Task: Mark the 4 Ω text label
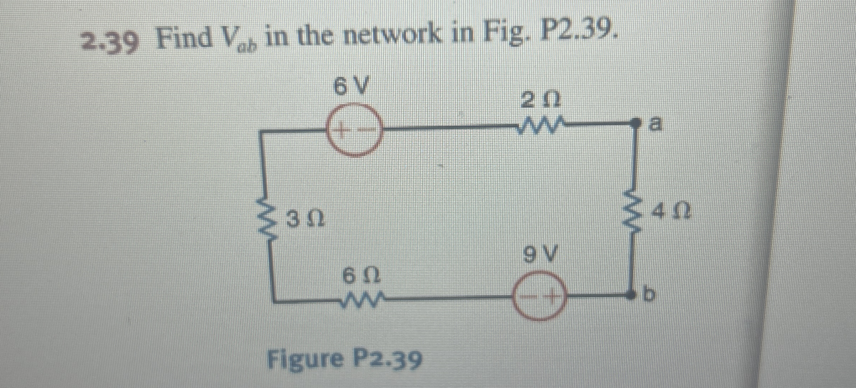coord(670,211)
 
